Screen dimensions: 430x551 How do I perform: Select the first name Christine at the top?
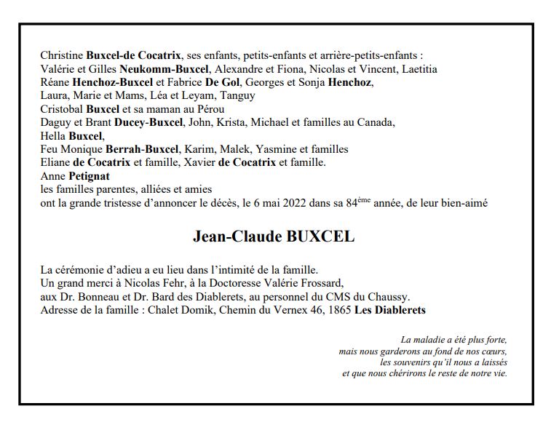pos(62,55)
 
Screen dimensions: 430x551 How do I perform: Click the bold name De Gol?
pos(223,82)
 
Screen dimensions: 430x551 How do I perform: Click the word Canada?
pos(376,122)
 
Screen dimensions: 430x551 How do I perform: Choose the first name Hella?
pos(53,135)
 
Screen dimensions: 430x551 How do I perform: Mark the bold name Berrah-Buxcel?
pos(142,148)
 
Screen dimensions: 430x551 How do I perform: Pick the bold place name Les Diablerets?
pos(390,310)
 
